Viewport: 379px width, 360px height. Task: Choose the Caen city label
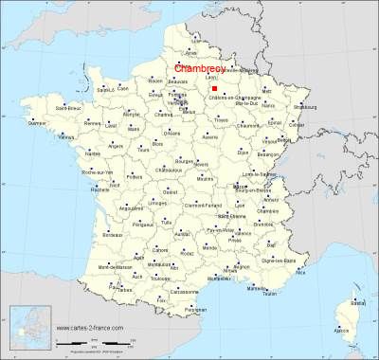point(123,88)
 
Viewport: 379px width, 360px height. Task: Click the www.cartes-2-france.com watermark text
point(90,328)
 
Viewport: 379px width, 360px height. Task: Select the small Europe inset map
point(27,328)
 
